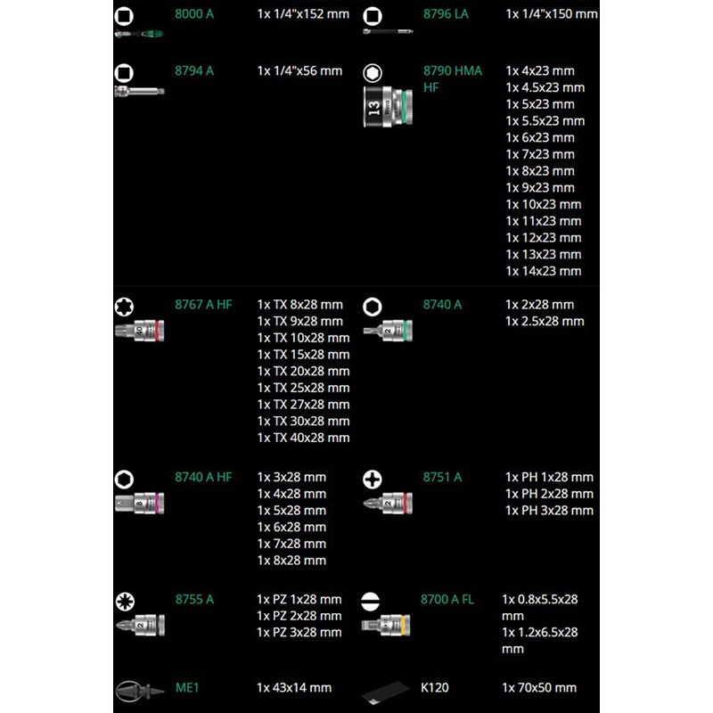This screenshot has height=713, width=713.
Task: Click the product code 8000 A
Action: [194, 14]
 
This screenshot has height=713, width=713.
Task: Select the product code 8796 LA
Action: [446, 14]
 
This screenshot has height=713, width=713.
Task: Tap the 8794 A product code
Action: [194, 71]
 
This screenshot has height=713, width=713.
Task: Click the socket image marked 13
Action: [389, 107]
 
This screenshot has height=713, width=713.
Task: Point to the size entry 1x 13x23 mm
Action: [544, 255]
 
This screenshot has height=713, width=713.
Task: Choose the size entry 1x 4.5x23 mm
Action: [545, 87]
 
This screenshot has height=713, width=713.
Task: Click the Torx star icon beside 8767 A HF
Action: [124, 307]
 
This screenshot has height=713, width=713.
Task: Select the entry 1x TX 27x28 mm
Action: [303, 405]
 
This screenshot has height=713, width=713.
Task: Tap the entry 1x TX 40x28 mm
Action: [303, 438]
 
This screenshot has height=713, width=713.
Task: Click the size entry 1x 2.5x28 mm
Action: [545, 322]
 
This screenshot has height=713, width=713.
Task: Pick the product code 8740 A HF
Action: [203, 478]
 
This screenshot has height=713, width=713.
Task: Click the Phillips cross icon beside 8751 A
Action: [373, 479]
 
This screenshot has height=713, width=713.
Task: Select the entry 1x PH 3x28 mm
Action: [549, 511]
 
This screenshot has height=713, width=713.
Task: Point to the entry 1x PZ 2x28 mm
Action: [299, 616]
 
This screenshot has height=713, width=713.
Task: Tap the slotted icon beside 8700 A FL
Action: [370, 602]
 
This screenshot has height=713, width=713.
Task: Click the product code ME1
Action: [187, 688]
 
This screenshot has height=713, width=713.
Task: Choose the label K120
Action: [435, 688]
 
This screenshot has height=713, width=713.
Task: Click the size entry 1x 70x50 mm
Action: [539, 688]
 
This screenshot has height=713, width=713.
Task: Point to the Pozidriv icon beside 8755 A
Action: [125, 602]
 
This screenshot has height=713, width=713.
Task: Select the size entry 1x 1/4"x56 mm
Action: [299, 71]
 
